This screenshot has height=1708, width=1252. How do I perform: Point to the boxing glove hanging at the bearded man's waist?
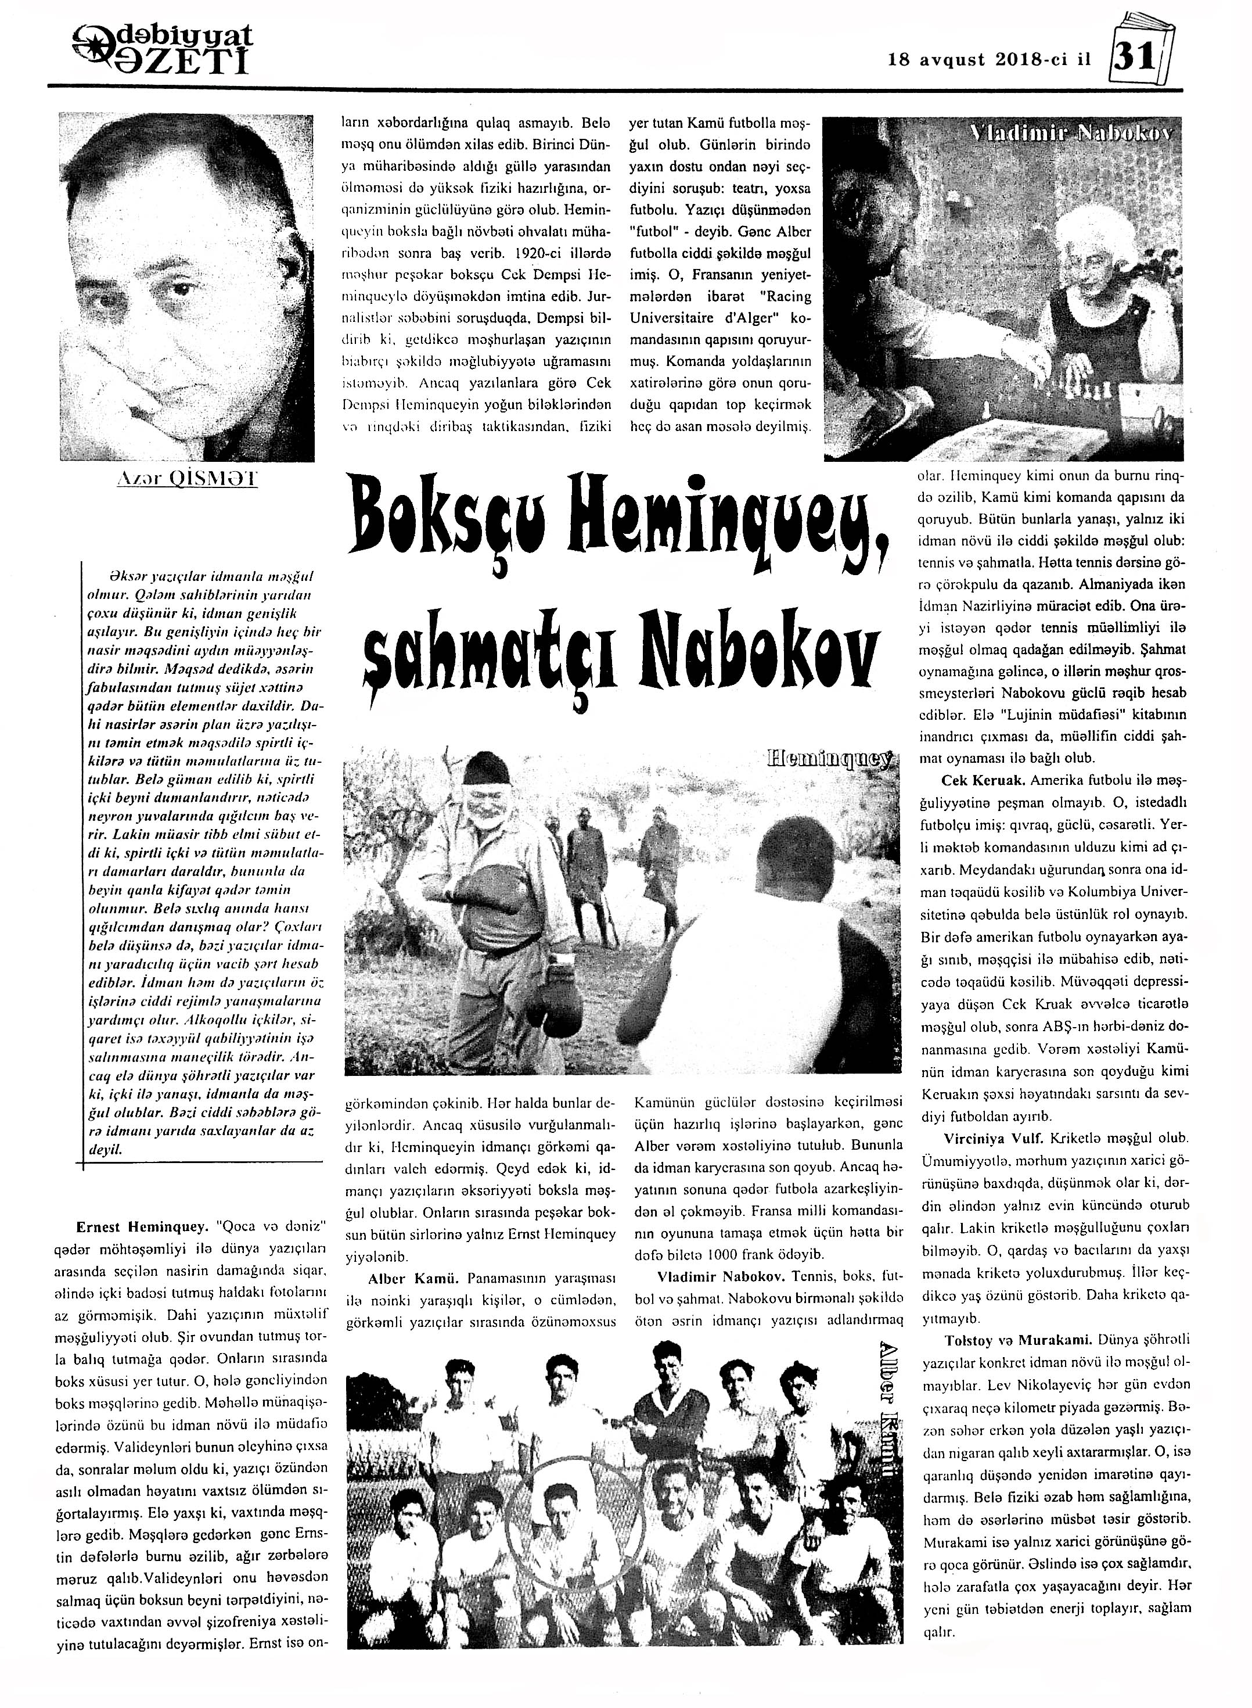click(549, 995)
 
